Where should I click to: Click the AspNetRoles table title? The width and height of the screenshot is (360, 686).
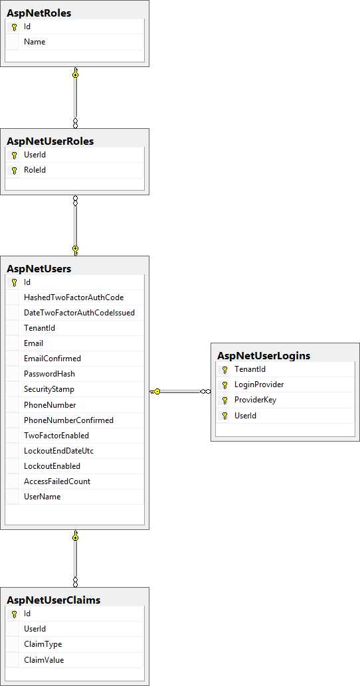click(x=39, y=13)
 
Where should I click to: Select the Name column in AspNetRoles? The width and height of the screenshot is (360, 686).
click(x=35, y=42)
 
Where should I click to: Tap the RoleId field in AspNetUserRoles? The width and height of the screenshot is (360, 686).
click(x=35, y=170)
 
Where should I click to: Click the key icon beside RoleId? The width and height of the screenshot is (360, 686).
click(x=14, y=170)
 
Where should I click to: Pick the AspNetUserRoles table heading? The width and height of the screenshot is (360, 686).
click(x=50, y=141)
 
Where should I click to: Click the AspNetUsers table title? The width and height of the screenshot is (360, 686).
click(x=39, y=268)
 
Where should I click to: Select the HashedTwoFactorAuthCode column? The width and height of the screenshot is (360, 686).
click(x=74, y=298)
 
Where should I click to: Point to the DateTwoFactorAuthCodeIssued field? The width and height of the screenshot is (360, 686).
click(x=79, y=313)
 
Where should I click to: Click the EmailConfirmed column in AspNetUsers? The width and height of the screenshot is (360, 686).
click(x=52, y=359)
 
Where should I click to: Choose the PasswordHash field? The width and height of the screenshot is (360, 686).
click(x=50, y=374)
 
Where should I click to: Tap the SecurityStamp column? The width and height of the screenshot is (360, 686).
click(x=49, y=389)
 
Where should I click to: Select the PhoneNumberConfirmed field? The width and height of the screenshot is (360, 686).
click(x=68, y=420)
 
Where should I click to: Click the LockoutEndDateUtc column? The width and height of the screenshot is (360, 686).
click(x=58, y=451)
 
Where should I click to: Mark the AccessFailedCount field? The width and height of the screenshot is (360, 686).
click(x=57, y=481)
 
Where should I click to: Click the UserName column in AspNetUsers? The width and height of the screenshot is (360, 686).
click(x=42, y=497)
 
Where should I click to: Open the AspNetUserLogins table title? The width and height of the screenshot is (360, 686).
click(x=264, y=355)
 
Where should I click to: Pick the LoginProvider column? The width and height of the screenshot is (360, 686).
click(x=259, y=385)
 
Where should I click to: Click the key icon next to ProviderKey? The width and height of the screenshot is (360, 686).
click(x=225, y=400)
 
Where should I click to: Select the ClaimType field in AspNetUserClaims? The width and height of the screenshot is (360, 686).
click(x=43, y=644)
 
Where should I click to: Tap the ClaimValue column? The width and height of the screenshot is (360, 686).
click(x=45, y=659)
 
